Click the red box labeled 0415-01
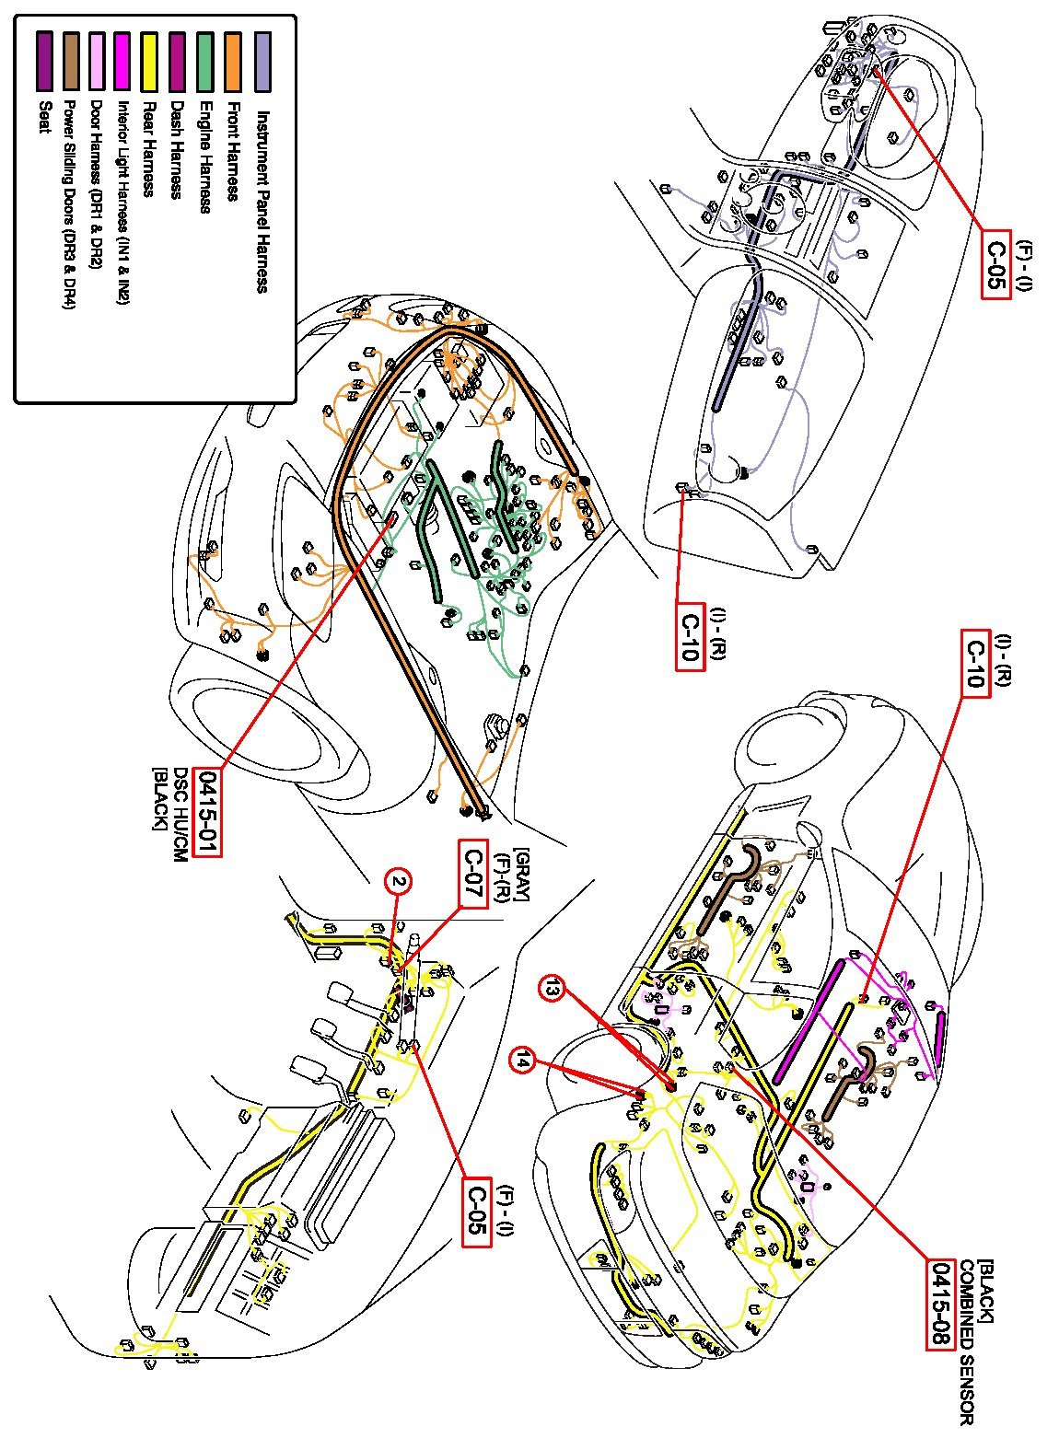pyautogui.click(x=208, y=811)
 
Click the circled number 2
pyautogui.click(x=398, y=882)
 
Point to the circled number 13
pyautogui.click(x=551, y=989)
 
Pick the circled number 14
pyautogui.click(x=524, y=1061)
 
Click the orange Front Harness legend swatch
pyautogui.click(x=232, y=63)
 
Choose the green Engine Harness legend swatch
pyautogui.click(x=205, y=63)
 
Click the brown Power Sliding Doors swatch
pyautogui.click(x=69, y=63)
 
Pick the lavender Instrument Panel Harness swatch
pyautogui.click(x=262, y=63)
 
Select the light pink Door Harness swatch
pyautogui.click(x=96, y=63)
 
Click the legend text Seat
pyautogui.click(x=42, y=115)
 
